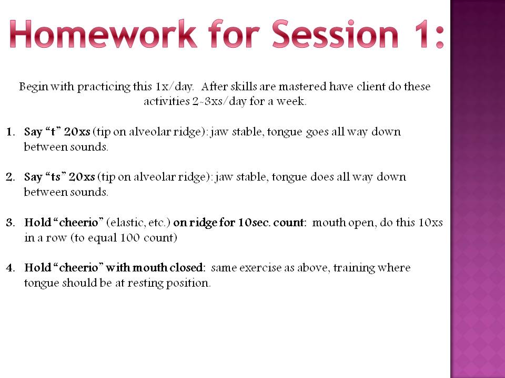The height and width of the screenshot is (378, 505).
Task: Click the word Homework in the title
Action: [103, 34]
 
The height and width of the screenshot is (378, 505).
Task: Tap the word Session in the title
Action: [335, 35]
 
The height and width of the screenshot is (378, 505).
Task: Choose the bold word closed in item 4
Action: [187, 267]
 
